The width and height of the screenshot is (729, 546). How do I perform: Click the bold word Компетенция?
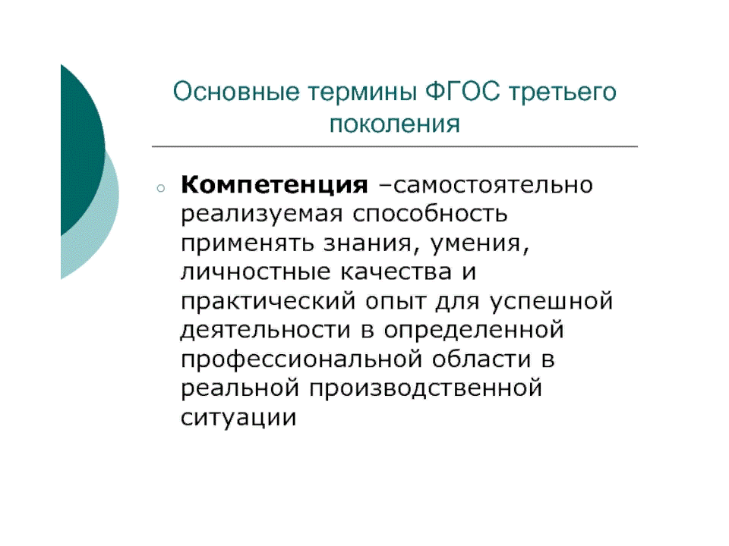pyautogui.click(x=274, y=186)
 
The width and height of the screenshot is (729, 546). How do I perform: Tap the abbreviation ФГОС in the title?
pyautogui.click(x=462, y=91)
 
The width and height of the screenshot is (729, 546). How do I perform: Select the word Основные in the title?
pyautogui.click(x=236, y=92)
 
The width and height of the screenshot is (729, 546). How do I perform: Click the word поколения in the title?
pyautogui.click(x=395, y=124)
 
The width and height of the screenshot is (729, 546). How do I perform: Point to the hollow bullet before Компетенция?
pyautogui.click(x=161, y=188)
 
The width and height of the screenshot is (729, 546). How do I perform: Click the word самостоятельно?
pyautogui.click(x=493, y=185)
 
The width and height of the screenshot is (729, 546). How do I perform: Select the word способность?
pyautogui.click(x=430, y=214)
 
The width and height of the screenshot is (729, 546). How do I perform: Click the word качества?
pyautogui.click(x=396, y=272)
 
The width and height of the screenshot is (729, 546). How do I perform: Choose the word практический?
pyautogui.click(x=268, y=302)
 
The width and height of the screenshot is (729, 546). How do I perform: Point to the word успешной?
pyautogui.click(x=551, y=302)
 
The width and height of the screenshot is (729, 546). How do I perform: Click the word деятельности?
pyautogui.click(x=266, y=330)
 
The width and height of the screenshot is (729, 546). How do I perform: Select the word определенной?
pyautogui.click(x=474, y=331)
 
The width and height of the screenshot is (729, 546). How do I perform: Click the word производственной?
pyautogui.click(x=426, y=388)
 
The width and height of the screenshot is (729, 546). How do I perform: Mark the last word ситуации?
pyautogui.click(x=238, y=417)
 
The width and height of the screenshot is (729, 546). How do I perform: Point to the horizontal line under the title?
pyautogui.click(x=395, y=146)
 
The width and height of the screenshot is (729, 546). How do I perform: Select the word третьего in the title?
pyautogui.click(x=563, y=93)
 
